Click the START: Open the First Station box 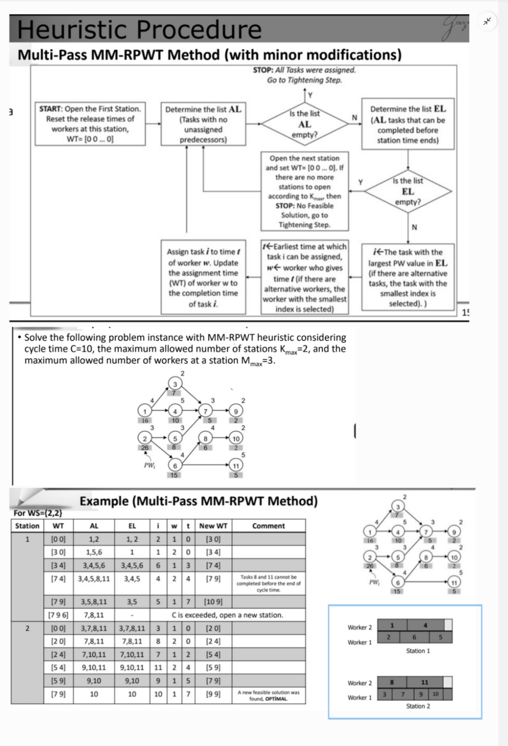click(x=90, y=124)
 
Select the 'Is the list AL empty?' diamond click(x=304, y=124)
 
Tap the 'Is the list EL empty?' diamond click(x=408, y=191)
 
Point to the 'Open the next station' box click(x=304, y=191)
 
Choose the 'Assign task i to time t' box click(x=203, y=278)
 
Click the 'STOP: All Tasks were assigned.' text click(x=304, y=70)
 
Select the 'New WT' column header click(x=213, y=526)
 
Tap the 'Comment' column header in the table click(x=268, y=526)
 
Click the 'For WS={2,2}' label click(x=38, y=513)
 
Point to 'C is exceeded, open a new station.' click(x=227, y=615)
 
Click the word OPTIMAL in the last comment click(x=276, y=699)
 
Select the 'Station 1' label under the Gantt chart click(x=418, y=650)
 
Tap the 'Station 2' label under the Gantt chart click(x=418, y=706)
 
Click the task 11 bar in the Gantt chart click(x=425, y=682)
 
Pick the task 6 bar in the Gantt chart click(x=414, y=637)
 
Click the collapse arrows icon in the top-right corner click(x=488, y=21)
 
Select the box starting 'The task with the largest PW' click(x=408, y=278)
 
